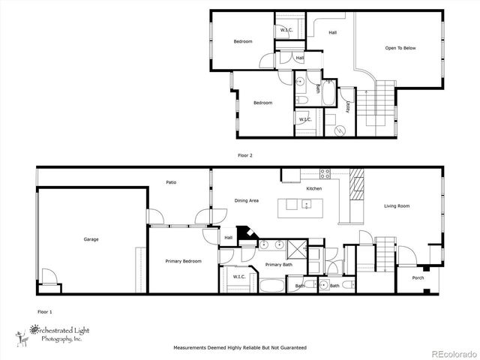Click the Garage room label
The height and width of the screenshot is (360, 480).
click(x=91, y=239)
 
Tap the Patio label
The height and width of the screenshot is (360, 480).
click(x=171, y=182)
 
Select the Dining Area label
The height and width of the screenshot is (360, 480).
click(x=247, y=201)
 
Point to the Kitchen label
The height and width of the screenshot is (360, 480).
click(x=314, y=188)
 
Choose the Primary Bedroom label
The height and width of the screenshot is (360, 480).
click(x=183, y=261)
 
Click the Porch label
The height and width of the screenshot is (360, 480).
click(x=418, y=278)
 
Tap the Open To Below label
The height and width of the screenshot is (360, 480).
click(x=400, y=49)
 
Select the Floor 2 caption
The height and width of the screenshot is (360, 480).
click(x=245, y=156)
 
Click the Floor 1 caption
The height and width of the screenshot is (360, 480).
click(x=45, y=310)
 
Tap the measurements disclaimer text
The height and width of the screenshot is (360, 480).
click(x=240, y=348)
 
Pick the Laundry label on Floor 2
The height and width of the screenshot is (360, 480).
click(x=347, y=107)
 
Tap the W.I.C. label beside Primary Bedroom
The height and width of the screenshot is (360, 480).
click(x=239, y=277)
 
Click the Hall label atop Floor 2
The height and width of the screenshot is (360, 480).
click(x=332, y=32)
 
